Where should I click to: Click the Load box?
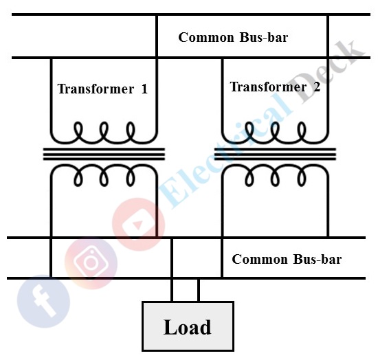coord(188,326)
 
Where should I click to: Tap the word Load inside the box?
coord(188,327)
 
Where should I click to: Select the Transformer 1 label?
coord(102,89)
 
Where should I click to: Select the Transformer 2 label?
coord(275,87)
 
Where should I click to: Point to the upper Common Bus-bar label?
coord(233,37)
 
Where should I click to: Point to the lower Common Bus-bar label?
coord(287,260)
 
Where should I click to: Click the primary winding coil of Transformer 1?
coord(104,131)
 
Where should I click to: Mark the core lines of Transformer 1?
coord(104,154)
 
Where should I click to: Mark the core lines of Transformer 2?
coord(275,154)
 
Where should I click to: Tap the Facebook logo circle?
coord(44,303)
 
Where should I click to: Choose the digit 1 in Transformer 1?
coord(144,89)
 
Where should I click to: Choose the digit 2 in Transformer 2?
coord(316,87)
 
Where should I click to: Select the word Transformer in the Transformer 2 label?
coord(267,87)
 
